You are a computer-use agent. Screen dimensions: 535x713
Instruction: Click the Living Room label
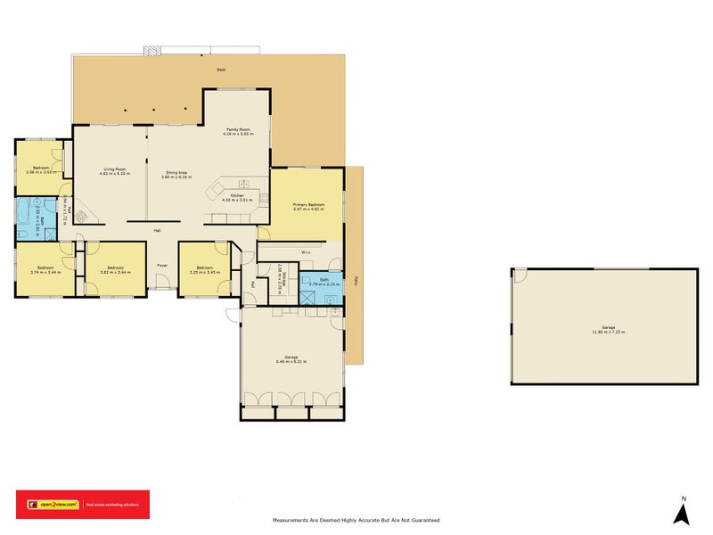114,169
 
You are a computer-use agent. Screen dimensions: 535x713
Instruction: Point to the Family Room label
237,129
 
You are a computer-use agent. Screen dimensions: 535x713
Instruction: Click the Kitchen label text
238,194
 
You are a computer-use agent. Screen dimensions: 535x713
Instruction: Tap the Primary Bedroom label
308,204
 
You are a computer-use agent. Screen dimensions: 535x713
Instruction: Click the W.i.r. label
306,252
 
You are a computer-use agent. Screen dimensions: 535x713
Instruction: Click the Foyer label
162,266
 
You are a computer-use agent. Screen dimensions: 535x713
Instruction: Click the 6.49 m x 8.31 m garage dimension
290,361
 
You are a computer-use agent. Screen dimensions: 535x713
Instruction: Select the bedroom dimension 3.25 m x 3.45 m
204,271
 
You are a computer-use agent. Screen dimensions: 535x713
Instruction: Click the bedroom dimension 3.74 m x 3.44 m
45,271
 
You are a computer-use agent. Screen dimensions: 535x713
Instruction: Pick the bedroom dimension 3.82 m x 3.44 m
114,271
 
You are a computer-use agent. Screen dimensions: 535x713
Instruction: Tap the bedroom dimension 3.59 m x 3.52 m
41,172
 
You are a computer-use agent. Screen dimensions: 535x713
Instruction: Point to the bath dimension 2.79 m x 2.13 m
319,284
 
